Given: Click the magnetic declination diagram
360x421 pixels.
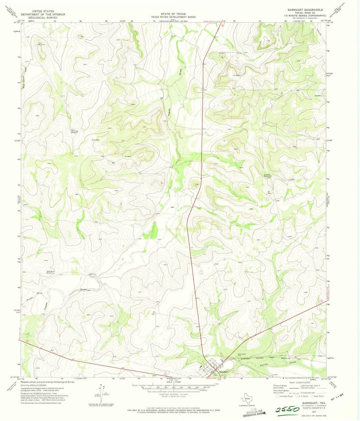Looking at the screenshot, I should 100,393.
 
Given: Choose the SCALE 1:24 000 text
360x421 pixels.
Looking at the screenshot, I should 173,382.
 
